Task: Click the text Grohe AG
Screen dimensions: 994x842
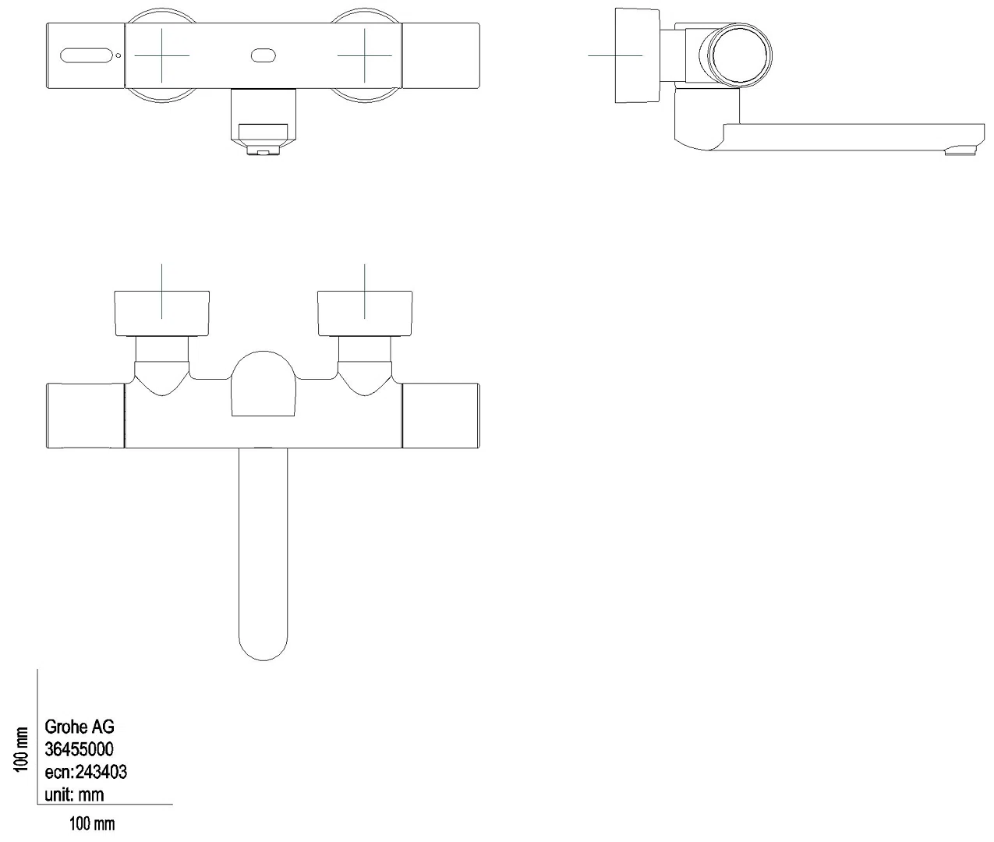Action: (x=80, y=727)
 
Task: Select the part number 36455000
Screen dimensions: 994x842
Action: (x=79, y=749)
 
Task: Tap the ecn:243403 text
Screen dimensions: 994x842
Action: (x=86, y=772)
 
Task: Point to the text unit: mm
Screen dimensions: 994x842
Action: (x=74, y=795)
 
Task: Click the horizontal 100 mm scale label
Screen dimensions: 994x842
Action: (x=92, y=824)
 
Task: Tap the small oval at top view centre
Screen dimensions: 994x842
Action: (x=264, y=55)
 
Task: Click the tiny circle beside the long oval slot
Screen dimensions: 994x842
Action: (x=119, y=55)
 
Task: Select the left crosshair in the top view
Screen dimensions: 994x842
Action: (x=161, y=55)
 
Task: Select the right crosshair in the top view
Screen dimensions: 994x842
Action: (x=365, y=55)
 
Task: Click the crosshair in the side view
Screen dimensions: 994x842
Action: (x=615, y=55)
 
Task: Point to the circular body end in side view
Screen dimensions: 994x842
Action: (x=736, y=55)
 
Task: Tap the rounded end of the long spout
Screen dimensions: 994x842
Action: (x=263, y=649)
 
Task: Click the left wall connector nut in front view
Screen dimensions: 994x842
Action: (x=161, y=313)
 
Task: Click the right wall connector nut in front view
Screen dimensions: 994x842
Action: (x=365, y=313)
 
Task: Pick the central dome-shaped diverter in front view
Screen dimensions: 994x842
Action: (x=263, y=384)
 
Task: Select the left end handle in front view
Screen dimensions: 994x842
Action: (x=85, y=416)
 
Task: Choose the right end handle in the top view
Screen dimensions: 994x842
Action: (x=441, y=55)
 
